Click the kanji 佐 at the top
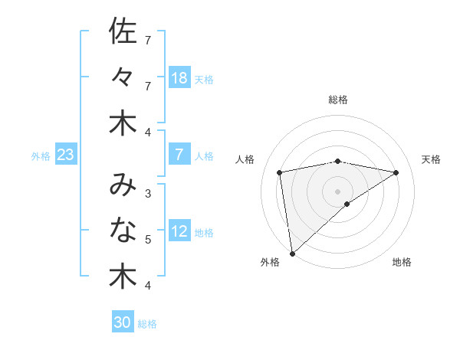click(122, 31)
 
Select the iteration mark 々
click(122, 77)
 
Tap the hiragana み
click(122, 184)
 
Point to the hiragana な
click(122, 230)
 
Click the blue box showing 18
click(179, 78)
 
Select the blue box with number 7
click(179, 155)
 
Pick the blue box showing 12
click(179, 232)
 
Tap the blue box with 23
click(66, 155)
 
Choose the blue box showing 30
click(123, 322)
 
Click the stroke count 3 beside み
click(148, 193)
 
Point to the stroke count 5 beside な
click(148, 240)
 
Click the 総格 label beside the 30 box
click(147, 324)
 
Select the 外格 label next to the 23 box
click(41, 156)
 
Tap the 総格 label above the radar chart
click(338, 100)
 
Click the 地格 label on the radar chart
click(402, 262)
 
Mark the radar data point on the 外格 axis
click(292, 253)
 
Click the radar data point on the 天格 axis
click(396, 172)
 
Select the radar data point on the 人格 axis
click(280, 172)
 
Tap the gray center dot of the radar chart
click(338, 191)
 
